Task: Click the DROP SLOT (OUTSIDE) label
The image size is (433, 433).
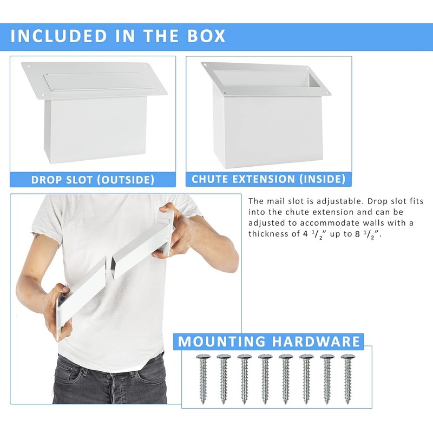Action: (x=93, y=179)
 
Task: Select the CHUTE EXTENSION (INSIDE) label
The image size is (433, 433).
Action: (x=268, y=179)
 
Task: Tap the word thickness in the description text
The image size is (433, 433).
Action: (x=271, y=234)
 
